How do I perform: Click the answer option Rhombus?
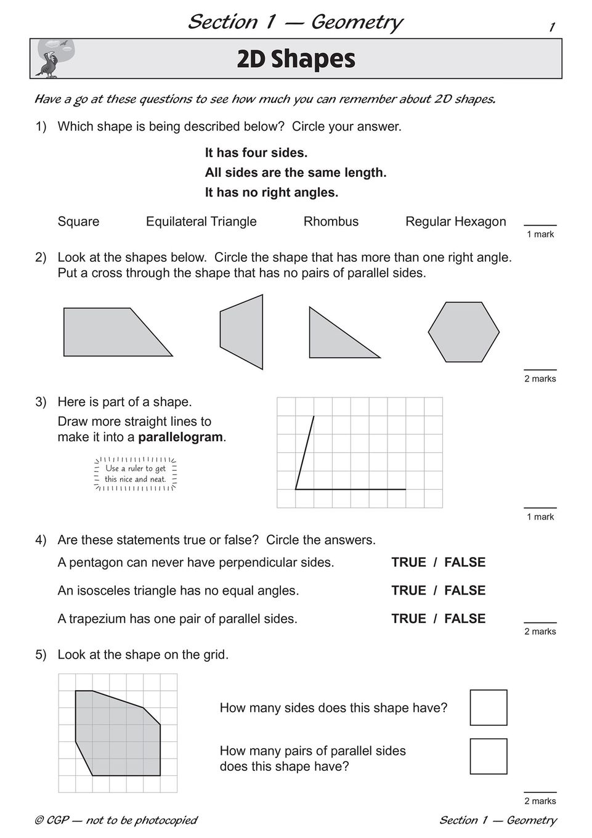(331, 222)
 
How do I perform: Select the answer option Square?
(78, 222)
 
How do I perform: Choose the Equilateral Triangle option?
(201, 222)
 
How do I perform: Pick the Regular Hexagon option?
(455, 222)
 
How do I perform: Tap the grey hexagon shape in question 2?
(463, 332)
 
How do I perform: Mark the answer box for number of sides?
(488, 707)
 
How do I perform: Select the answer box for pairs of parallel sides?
(488, 756)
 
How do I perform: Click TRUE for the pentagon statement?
(408, 563)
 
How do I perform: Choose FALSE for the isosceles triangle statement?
(464, 591)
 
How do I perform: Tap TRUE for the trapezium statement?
(408, 619)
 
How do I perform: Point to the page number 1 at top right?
(552, 27)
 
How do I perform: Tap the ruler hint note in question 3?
(135, 474)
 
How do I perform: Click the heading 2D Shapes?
(296, 59)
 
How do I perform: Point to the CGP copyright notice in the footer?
(116, 820)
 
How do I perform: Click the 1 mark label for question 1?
(540, 234)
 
